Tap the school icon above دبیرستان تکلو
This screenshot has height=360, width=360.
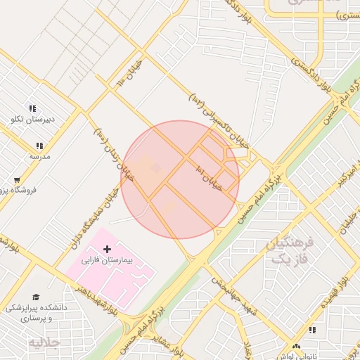(x=31, y=108)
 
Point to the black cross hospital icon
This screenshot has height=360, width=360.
(x=107, y=249)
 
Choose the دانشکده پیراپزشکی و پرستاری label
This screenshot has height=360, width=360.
(x=35, y=313)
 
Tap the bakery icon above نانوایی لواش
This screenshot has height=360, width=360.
(x=297, y=347)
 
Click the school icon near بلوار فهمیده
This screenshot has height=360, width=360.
(x=311, y=329)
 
